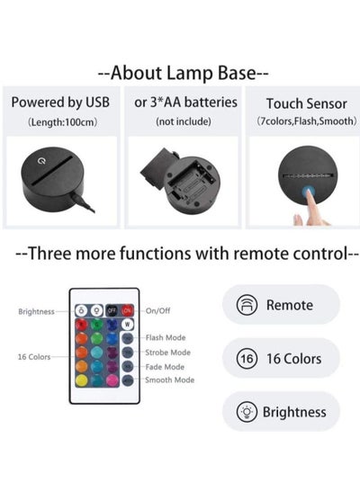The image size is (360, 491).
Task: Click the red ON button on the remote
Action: click(127, 310)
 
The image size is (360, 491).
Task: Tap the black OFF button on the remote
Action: click(112, 310)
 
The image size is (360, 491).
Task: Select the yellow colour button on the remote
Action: click(82, 380)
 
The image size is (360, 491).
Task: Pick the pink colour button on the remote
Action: click(112, 380)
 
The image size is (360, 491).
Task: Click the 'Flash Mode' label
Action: click(166, 337)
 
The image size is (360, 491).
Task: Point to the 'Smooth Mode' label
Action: click(169, 379)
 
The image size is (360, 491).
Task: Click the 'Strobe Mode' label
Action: click(167, 353)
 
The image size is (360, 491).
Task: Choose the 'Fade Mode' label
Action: click(165, 367)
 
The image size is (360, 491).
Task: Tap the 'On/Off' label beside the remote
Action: click(157, 310)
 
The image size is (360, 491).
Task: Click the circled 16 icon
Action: click(247, 358)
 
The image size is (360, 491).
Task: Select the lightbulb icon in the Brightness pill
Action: click(247, 412)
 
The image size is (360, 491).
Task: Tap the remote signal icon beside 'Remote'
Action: click(247, 305)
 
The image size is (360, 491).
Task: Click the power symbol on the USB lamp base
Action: click(41, 161)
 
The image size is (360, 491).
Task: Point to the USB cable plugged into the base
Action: click(82, 203)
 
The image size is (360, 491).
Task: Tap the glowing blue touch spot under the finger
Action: click(309, 191)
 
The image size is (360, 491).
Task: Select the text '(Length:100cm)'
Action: click(62, 121)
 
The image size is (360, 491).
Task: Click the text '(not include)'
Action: click(184, 121)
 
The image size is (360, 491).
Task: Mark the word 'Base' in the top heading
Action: click(237, 73)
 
